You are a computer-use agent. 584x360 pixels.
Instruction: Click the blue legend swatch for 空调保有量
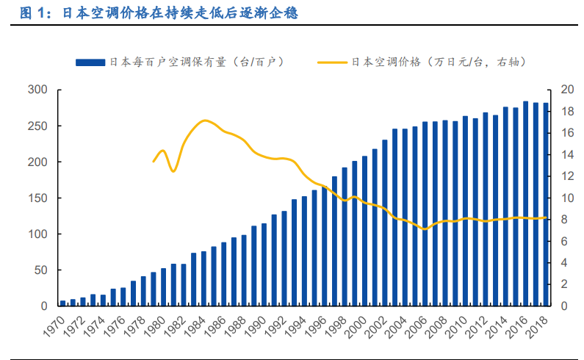pyautogui.click(x=90, y=62)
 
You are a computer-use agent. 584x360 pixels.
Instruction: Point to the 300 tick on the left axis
pyautogui.click(x=37, y=90)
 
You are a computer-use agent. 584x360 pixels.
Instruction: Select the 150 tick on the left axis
pyautogui.click(x=37, y=198)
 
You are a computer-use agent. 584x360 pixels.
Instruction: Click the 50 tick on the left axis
pyautogui.click(x=40, y=270)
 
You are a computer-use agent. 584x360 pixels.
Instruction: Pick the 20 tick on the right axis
pyautogui.click(x=566, y=90)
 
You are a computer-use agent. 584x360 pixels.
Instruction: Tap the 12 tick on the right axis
pyautogui.click(x=566, y=176)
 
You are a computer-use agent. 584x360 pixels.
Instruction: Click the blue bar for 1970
pyautogui.click(x=63, y=303)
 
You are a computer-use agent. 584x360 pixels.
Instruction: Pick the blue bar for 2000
pyautogui.click(x=364, y=231)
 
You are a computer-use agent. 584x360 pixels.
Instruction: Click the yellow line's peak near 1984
pyautogui.click(x=205, y=120)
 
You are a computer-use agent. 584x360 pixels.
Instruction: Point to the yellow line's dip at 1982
pyautogui.click(x=173, y=171)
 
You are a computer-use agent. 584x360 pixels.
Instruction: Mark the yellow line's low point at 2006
pyautogui.click(x=424, y=229)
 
